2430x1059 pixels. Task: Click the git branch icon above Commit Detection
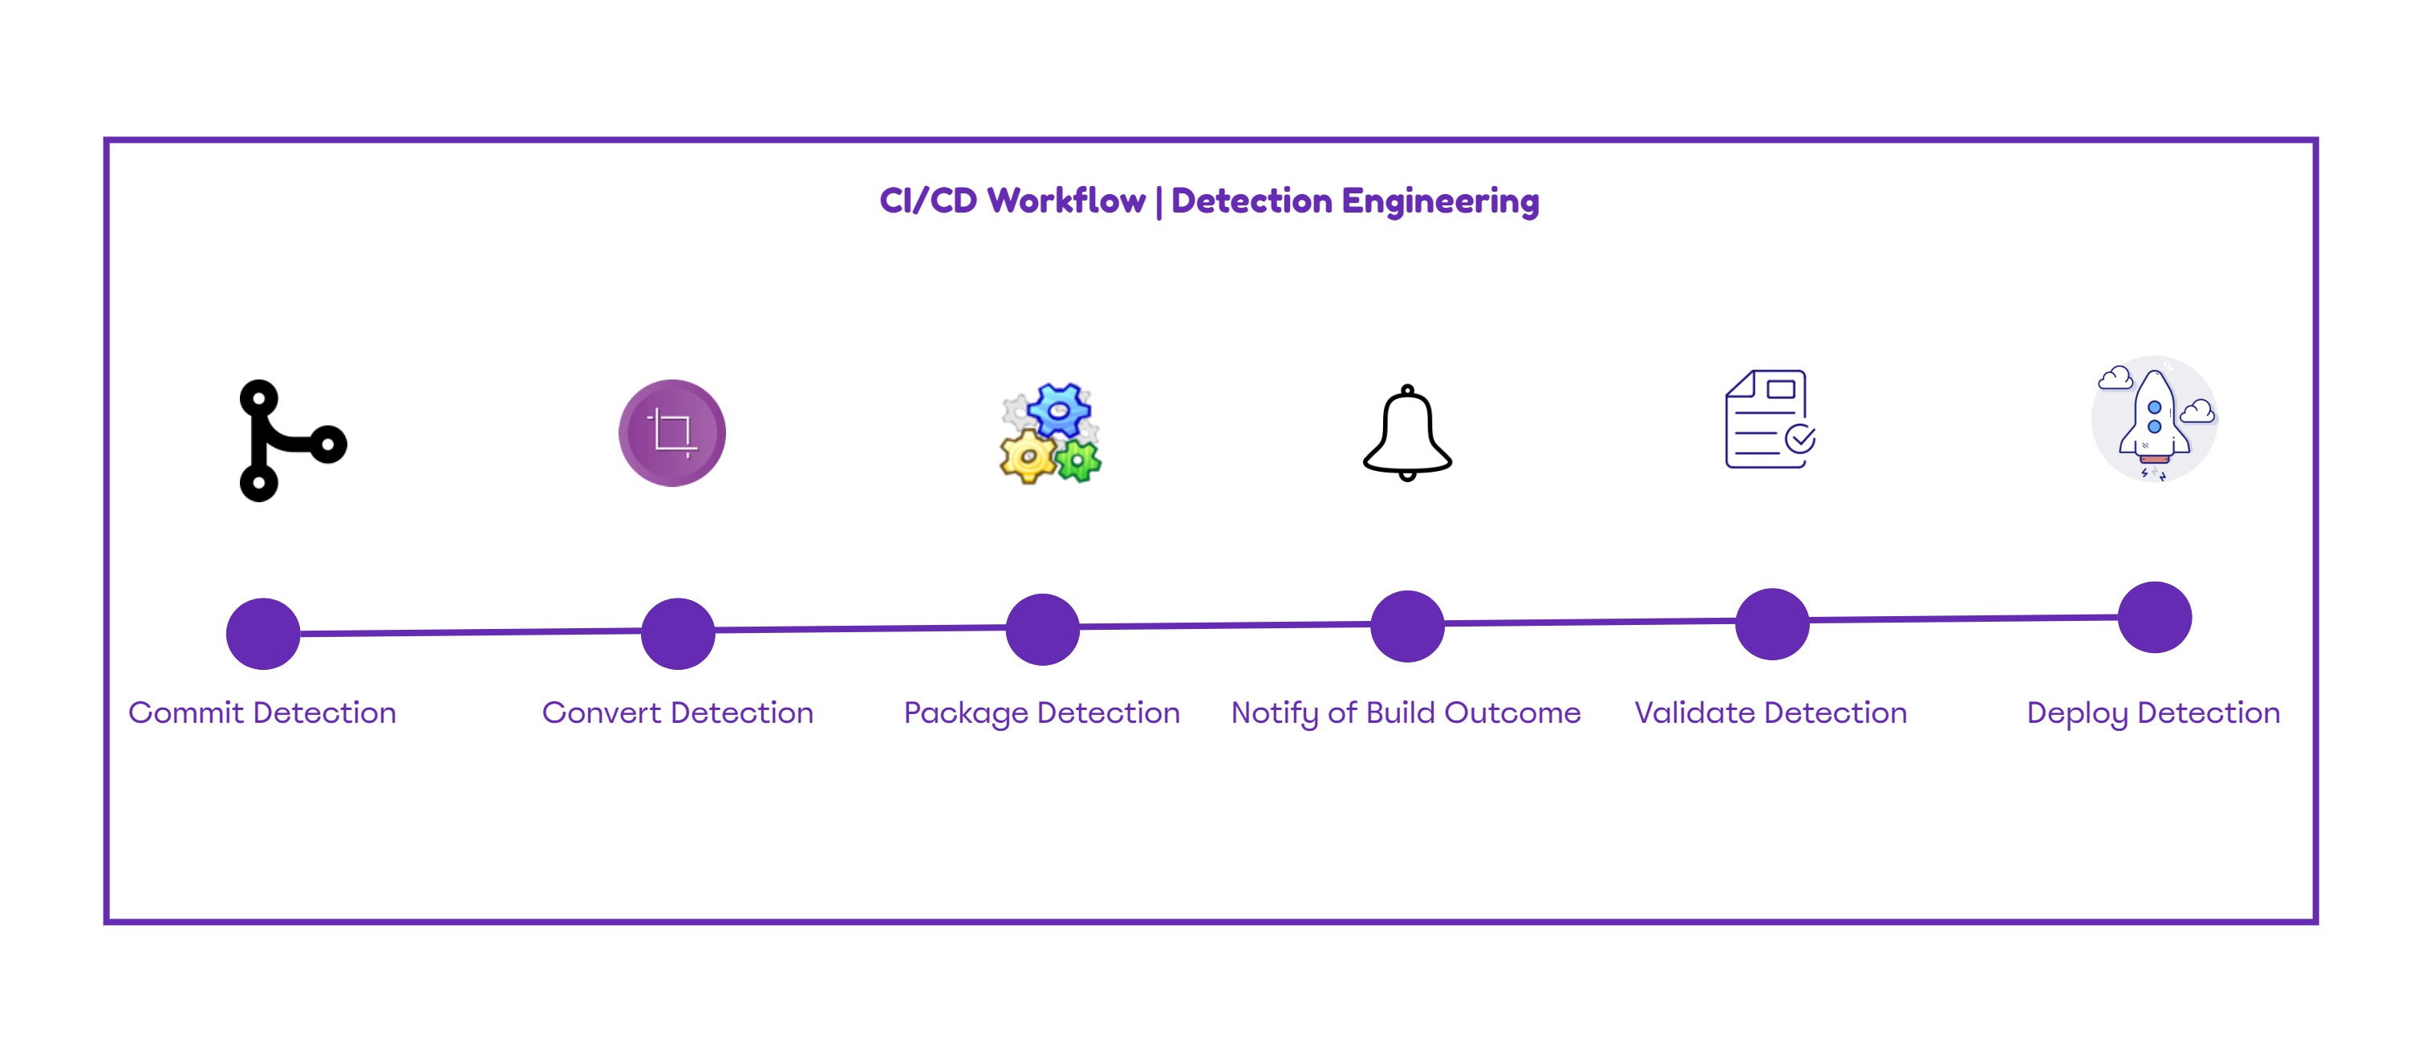point(283,440)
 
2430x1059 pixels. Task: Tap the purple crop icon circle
point(671,433)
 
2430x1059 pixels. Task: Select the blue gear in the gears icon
point(1059,410)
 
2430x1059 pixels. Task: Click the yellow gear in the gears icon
point(1028,457)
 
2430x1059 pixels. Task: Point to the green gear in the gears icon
point(1078,461)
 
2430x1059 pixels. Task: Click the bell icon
point(1406,435)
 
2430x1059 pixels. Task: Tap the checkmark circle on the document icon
point(1800,439)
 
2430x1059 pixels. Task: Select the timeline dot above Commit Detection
point(263,634)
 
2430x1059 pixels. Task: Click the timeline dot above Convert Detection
point(677,633)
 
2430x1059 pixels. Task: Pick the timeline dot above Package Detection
point(1042,629)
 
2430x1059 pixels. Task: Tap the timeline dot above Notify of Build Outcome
point(1406,626)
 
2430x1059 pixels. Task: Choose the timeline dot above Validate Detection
point(1771,623)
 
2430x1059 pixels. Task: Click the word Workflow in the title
point(1066,201)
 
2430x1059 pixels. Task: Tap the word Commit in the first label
point(186,713)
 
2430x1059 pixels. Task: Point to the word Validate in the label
point(1694,713)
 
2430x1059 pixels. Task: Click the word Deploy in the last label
point(2077,713)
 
